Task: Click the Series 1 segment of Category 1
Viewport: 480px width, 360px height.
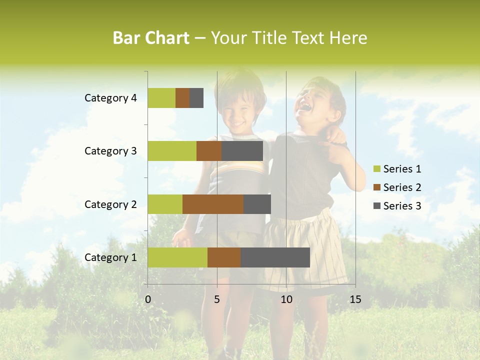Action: pyautogui.click(x=177, y=257)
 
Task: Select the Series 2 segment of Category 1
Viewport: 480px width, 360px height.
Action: pyautogui.click(x=224, y=257)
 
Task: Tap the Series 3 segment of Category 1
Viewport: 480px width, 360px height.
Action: pyautogui.click(x=275, y=257)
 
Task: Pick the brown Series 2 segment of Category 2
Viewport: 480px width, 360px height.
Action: pyautogui.click(x=213, y=204)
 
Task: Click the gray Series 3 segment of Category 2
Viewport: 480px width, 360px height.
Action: pyautogui.click(x=257, y=204)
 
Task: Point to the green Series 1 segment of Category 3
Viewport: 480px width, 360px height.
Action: pyautogui.click(x=172, y=151)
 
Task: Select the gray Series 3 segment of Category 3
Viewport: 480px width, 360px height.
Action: pyautogui.click(x=242, y=151)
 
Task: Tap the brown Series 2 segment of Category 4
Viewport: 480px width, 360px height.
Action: pyautogui.click(x=182, y=98)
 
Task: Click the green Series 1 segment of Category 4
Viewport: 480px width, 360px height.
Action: pyautogui.click(x=161, y=98)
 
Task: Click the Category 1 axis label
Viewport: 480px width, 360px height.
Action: pyautogui.click(x=110, y=257)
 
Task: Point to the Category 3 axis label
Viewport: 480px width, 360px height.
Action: pyautogui.click(x=110, y=151)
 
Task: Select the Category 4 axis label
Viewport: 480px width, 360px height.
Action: pyautogui.click(x=110, y=98)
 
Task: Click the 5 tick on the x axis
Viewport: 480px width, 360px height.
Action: pyautogui.click(x=217, y=299)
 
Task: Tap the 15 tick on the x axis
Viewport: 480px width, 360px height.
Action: pyautogui.click(x=355, y=299)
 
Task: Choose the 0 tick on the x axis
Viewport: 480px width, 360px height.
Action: pyautogui.click(x=148, y=299)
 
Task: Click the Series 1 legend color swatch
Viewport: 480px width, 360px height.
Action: pyautogui.click(x=376, y=169)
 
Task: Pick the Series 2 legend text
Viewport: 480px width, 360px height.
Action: pyautogui.click(x=402, y=187)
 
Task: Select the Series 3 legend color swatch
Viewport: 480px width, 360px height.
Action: pyautogui.click(x=376, y=206)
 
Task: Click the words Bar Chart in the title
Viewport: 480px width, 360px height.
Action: pyautogui.click(x=151, y=38)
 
